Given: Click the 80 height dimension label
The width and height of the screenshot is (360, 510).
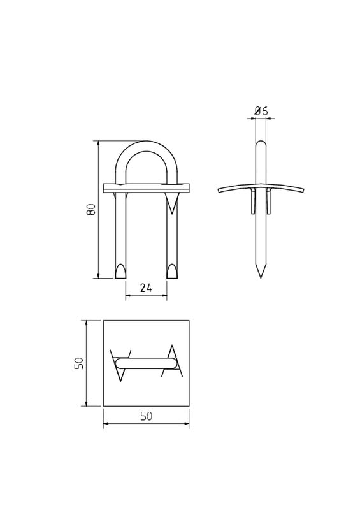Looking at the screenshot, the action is pyautogui.click(x=91, y=209).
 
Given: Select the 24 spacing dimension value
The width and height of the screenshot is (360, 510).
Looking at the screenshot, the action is pyautogui.click(x=146, y=288).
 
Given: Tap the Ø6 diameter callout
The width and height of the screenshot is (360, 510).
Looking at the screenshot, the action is pyautogui.click(x=261, y=111).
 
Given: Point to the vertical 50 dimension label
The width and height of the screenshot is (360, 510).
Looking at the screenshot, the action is pyautogui.click(x=79, y=363).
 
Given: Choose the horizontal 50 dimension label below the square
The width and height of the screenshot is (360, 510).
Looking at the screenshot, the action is pyautogui.click(x=146, y=416).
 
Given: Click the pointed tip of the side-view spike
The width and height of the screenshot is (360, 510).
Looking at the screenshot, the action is pyautogui.click(x=261, y=277).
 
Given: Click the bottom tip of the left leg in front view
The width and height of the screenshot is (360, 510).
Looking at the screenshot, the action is pyautogui.click(x=120, y=277).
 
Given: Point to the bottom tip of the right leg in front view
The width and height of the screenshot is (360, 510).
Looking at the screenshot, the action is pyautogui.click(x=172, y=277).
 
